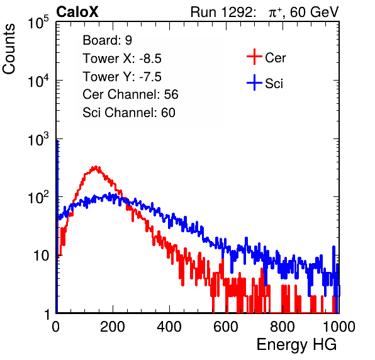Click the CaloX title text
77,11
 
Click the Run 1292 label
221,12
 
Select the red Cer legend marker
254,57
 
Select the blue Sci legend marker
254,82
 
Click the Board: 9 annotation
108,40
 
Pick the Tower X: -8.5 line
122,59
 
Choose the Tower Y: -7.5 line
122,77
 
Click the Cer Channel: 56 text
130,94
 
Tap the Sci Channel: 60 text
129,113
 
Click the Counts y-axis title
9,49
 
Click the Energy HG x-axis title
296,345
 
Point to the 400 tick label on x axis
169,327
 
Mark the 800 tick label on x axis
283,327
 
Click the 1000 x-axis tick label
339,327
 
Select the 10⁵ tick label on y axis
38,22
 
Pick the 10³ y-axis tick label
38,139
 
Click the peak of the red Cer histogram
96,167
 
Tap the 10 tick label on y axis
41,256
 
